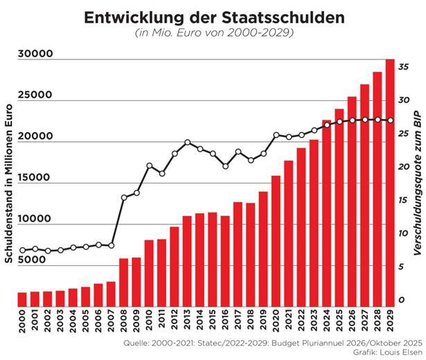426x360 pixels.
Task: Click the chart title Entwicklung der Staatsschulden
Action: tap(213, 18)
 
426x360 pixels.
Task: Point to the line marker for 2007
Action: tap(112, 246)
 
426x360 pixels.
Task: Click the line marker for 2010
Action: tap(150, 166)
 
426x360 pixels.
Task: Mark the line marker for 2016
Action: tap(226, 166)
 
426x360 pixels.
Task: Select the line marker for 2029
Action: tap(390, 120)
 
